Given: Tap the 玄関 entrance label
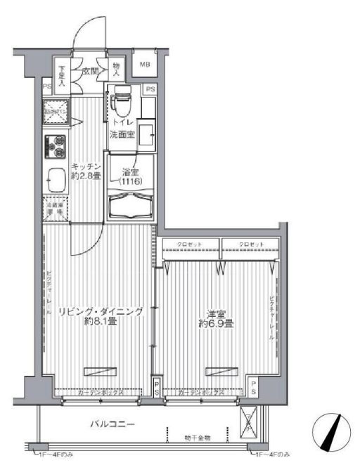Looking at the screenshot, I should (x=90, y=71).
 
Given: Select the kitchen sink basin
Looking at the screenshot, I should (x=56, y=183).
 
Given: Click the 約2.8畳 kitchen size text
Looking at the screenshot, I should (x=87, y=176).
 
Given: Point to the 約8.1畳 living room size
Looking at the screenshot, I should (x=100, y=322).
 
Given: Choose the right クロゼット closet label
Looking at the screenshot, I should (x=251, y=244).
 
